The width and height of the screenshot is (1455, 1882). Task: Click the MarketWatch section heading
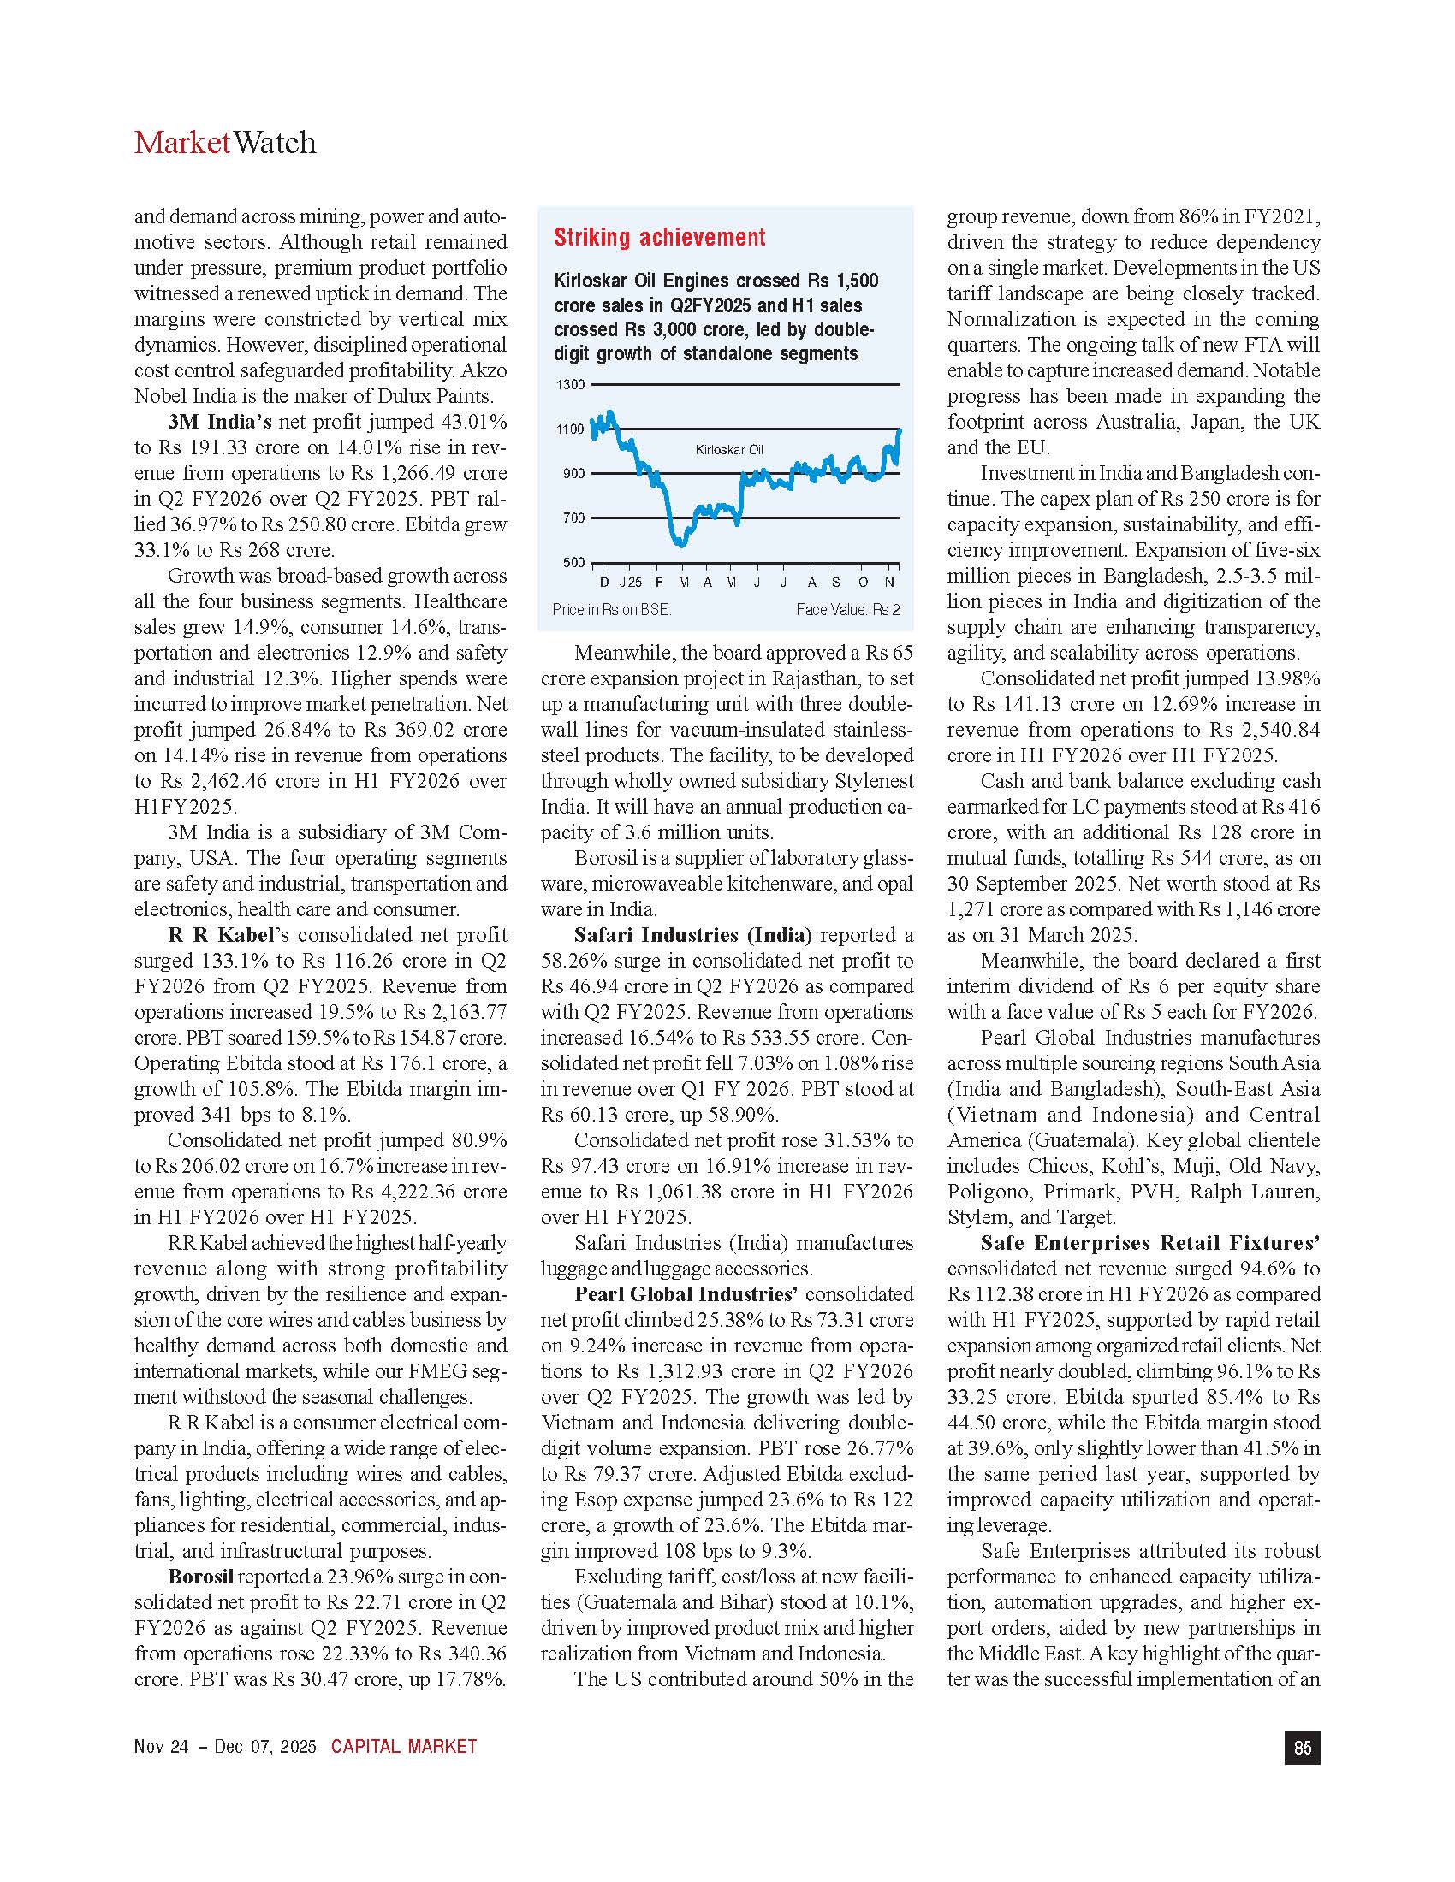[x=225, y=142]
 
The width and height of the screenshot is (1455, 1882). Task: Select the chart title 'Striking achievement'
[x=659, y=238]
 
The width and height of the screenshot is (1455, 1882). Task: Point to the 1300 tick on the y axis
[x=573, y=384]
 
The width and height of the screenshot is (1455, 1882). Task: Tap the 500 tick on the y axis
[x=573, y=563]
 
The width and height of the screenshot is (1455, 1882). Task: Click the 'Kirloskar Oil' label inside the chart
[x=728, y=450]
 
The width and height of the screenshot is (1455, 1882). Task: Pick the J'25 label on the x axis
[x=630, y=583]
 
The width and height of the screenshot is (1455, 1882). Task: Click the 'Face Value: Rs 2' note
[x=847, y=609]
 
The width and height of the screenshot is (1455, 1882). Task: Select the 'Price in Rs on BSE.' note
[x=611, y=609]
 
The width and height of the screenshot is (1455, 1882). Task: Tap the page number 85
[x=1302, y=1747]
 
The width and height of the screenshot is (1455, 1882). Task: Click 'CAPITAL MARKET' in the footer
[x=403, y=1747]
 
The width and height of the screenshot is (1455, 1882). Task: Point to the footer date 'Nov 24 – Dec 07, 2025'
[x=226, y=1747]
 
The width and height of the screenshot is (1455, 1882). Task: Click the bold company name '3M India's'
[x=220, y=423]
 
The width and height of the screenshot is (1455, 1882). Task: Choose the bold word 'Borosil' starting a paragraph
[x=200, y=1577]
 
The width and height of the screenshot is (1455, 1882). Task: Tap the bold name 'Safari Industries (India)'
[x=693, y=935]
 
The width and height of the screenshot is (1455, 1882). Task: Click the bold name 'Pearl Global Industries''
[x=686, y=1294]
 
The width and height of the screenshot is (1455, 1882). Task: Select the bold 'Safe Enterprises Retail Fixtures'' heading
[x=1149, y=1243]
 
